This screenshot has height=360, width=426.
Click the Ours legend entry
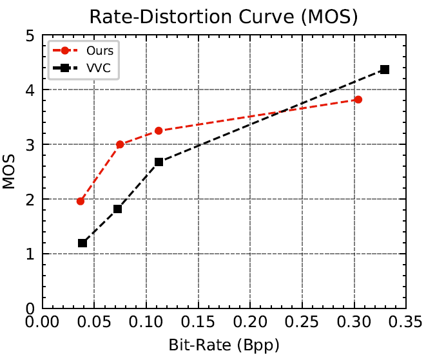coord(93,50)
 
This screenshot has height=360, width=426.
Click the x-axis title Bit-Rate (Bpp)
coord(223,346)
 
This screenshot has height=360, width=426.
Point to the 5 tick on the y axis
coord(30,35)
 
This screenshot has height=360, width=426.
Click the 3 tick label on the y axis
coord(30,145)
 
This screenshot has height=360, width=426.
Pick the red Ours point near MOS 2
coord(81,201)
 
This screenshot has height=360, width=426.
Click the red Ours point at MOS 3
coord(120,144)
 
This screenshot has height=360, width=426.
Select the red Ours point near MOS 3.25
coord(159,131)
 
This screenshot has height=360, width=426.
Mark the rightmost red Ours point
coord(358,99)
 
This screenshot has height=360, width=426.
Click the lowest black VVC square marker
coord(82,243)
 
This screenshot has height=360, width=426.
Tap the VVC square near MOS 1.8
coord(118,209)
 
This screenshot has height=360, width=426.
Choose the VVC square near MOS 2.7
coord(159,162)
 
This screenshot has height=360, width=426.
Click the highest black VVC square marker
coord(385,69)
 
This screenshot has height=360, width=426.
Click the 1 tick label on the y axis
coord(30,254)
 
